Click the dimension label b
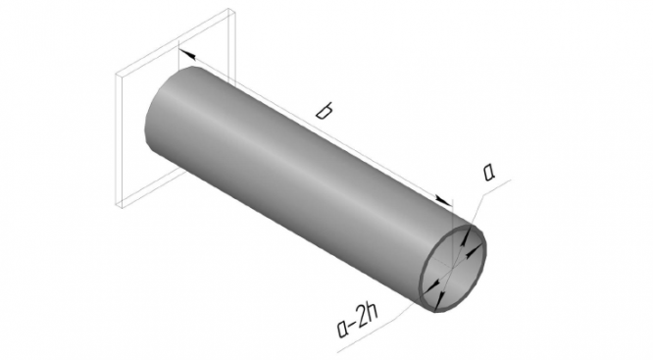(x=324, y=111)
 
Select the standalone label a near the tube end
(x=490, y=173)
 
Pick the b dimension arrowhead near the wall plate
(x=187, y=54)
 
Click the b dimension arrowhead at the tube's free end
(x=443, y=199)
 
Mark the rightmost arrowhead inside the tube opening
(x=475, y=251)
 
